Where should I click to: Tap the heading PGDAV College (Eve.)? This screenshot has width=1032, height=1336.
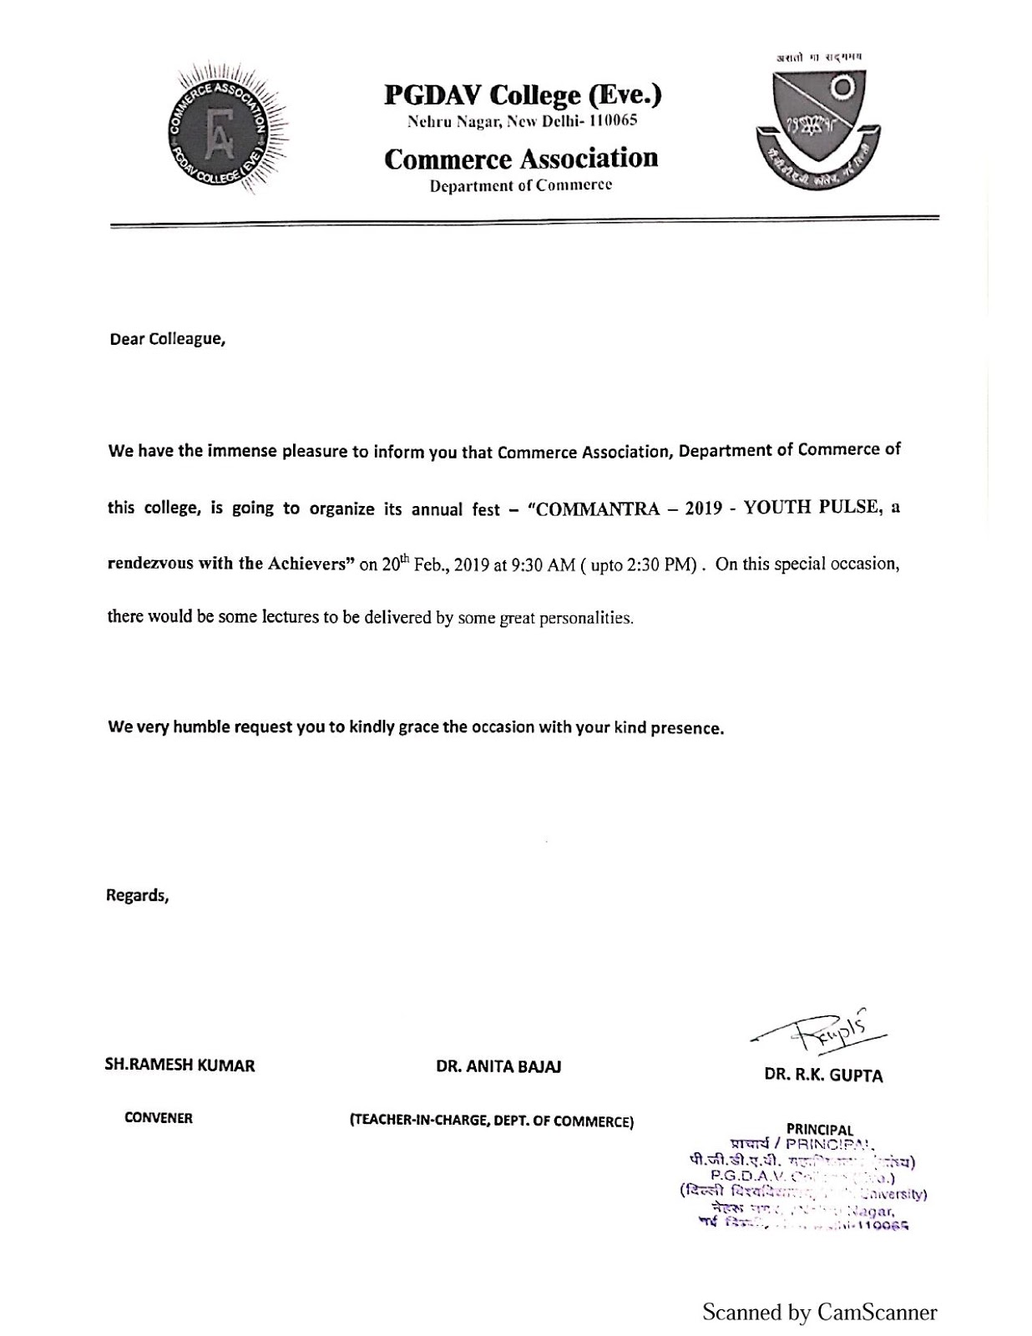tap(522, 95)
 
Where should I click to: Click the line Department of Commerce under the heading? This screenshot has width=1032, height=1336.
tap(521, 185)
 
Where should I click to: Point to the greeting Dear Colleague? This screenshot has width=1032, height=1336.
tap(168, 340)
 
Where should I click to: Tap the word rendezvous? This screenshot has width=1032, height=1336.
tap(149, 563)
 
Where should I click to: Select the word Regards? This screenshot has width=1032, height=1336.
tap(137, 895)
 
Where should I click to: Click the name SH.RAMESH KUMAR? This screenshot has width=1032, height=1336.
tap(180, 1065)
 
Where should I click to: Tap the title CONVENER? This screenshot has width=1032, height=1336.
tap(159, 1118)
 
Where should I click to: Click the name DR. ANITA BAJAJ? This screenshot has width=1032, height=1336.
tap(498, 1066)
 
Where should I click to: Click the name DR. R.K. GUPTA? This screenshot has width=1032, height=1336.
tap(823, 1075)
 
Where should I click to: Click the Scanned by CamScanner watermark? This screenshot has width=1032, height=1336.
tap(819, 1312)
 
